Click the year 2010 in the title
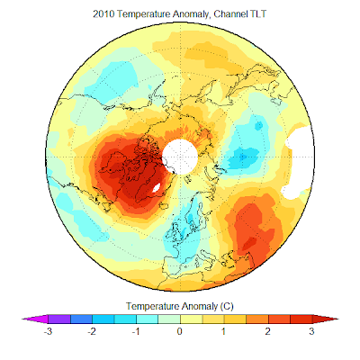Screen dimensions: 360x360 click(x=103, y=14)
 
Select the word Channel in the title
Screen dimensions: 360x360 click(x=230, y=14)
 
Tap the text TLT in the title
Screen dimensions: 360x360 click(x=258, y=14)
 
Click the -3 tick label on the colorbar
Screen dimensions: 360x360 click(x=48, y=331)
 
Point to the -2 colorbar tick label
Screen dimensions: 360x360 click(x=92, y=331)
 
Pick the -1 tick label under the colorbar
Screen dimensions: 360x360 click(x=136, y=331)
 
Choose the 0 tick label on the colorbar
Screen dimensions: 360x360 click(x=180, y=331)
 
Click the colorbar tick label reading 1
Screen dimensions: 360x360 click(x=224, y=331)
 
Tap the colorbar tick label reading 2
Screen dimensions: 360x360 click(x=267, y=331)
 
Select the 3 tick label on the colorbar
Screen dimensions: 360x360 click(x=311, y=331)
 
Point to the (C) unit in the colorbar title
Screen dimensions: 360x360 click(x=227, y=306)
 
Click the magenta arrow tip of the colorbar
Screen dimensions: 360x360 click(x=22, y=319)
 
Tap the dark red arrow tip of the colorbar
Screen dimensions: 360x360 click(x=337, y=319)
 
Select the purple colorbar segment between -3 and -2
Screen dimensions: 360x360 click(x=59, y=319)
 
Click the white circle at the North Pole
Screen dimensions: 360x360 click(x=180, y=157)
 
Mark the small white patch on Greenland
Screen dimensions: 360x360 click(x=157, y=188)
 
